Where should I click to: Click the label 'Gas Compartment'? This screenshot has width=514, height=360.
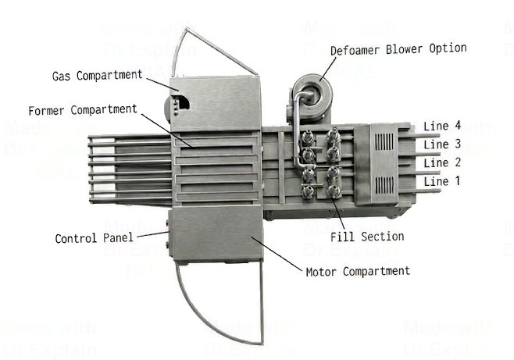tap(98, 77)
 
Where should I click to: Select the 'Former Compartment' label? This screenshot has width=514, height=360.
tap(82, 109)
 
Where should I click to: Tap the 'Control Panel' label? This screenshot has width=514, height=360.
tap(95, 237)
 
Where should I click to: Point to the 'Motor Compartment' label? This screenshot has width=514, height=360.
tap(357, 271)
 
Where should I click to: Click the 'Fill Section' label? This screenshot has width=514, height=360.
tap(367, 236)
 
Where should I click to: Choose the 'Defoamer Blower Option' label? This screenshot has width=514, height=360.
tap(398, 48)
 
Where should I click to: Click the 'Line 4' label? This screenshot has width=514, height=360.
tap(436, 126)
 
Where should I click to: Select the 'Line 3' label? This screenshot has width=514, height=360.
tap(436, 144)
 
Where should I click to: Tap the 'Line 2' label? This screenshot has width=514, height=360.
tap(436, 162)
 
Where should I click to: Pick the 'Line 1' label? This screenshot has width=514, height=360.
tap(436, 181)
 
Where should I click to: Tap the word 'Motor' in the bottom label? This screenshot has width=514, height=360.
tap(322, 271)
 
